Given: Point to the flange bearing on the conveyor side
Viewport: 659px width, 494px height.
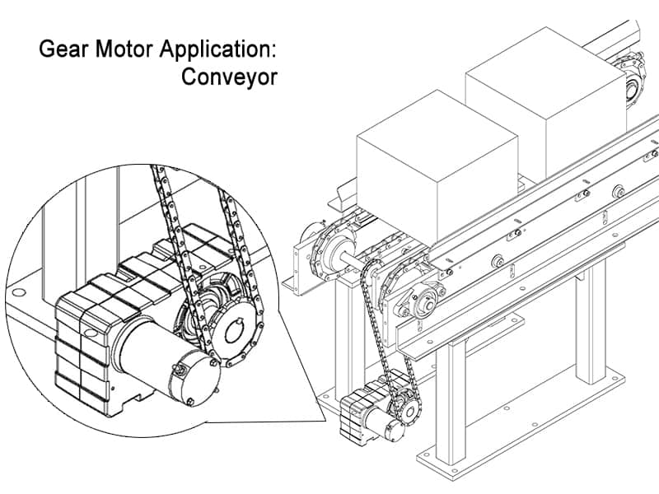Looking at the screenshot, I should [425, 304].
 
